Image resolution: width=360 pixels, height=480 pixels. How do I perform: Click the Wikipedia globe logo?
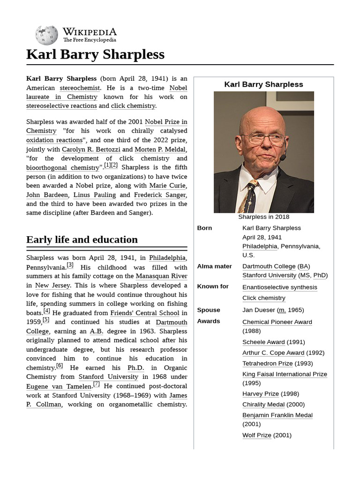pyautogui.click(x=46, y=35)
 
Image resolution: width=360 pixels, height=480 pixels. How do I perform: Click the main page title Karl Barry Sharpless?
pyautogui.click(x=95, y=54)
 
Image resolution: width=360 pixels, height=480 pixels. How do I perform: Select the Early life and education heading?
pyautogui.click(x=82, y=240)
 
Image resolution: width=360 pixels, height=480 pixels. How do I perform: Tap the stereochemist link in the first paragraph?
pyautogui.click(x=80, y=88)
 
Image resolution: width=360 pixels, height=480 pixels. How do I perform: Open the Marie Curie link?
pyautogui.click(x=168, y=186)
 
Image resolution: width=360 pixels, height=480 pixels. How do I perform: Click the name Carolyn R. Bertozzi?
pyautogui.click(x=91, y=150)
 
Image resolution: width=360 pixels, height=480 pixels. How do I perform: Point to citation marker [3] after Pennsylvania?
pyautogui.click(x=70, y=265)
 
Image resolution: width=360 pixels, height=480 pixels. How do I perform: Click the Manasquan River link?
pyautogui.click(x=161, y=276)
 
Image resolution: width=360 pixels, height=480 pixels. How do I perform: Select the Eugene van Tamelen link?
pyautogui.click(x=59, y=386)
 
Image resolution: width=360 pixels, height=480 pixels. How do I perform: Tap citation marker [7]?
pyautogui.click(x=97, y=384)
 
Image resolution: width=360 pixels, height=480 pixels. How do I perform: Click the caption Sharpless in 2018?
pyautogui.click(x=263, y=217)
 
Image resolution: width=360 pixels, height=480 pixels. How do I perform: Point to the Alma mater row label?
pyautogui.click(x=214, y=266)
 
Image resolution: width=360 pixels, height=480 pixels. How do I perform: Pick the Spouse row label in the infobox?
pyautogui.click(x=209, y=310)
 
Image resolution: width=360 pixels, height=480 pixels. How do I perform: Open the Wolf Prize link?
pyautogui.click(x=256, y=435)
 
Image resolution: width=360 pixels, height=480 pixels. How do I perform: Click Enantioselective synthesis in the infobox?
pyautogui.click(x=279, y=287)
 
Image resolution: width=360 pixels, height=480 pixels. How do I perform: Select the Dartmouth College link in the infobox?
pyautogui.click(x=269, y=266)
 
